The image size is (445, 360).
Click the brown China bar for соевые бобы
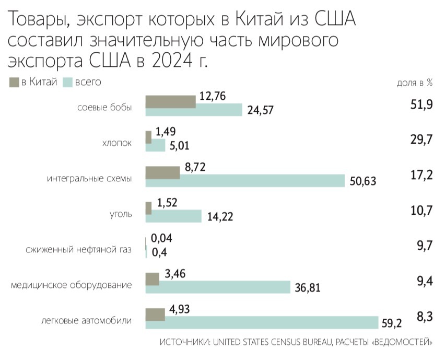click(170, 102)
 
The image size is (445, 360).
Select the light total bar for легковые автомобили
click(262, 322)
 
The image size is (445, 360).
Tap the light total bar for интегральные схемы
click(245, 180)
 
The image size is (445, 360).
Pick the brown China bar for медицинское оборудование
click(152, 279)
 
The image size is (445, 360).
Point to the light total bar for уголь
click(173, 216)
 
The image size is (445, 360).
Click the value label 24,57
click(260, 110)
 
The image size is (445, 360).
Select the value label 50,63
click(362, 181)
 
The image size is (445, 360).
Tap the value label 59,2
click(392, 324)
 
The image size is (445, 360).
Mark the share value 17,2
click(421, 175)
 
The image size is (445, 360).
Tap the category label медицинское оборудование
click(71, 285)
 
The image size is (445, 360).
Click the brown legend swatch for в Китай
click(14, 82)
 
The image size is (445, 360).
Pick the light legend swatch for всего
click(66, 82)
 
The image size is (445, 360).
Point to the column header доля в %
click(415, 83)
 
